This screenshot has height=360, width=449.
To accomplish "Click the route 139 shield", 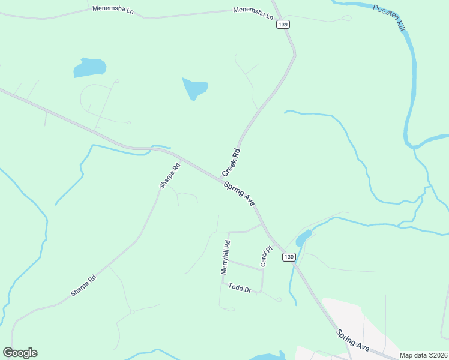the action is pyautogui.click(x=283, y=25).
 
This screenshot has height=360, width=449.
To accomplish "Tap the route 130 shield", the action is pyautogui.click(x=289, y=257).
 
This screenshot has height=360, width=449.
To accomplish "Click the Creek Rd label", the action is pyautogui.click(x=231, y=162).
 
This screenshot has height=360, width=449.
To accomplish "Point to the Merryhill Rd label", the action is pyautogui.click(x=226, y=257).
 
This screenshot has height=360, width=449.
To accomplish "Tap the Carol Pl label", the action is pyautogui.click(x=265, y=257).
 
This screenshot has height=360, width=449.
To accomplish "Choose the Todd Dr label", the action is pyautogui.click(x=239, y=289).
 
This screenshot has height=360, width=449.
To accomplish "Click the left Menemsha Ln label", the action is pyautogui.click(x=112, y=10).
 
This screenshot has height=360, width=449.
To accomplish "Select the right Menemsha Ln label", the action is pyautogui.click(x=253, y=10).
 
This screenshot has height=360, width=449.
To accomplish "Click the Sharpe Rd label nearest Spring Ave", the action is pyautogui.click(x=170, y=176).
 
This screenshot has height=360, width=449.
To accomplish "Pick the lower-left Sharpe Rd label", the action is pyautogui.click(x=83, y=286).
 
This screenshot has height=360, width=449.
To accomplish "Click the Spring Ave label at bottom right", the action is pyautogui.click(x=352, y=340).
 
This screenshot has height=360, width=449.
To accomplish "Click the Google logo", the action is pyautogui.click(x=20, y=353).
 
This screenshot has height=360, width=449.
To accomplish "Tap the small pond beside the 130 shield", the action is pyautogui.click(x=303, y=238).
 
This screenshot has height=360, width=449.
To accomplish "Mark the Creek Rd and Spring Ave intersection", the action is pyautogui.click(x=221, y=178).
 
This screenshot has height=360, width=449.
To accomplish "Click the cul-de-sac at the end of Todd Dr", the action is pyautogui.click(x=279, y=299).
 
